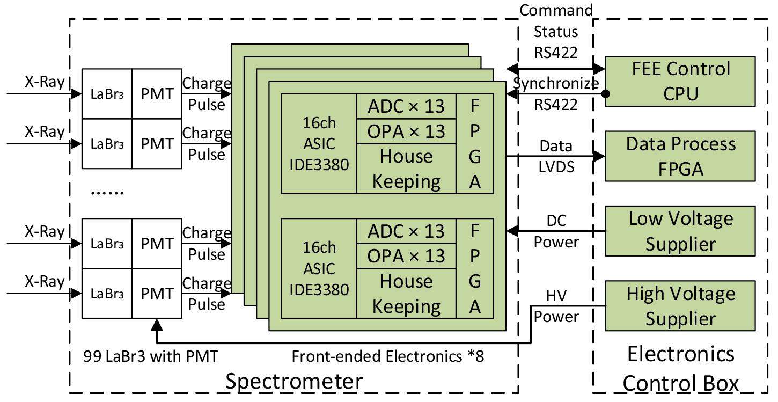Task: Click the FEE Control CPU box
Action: coord(680,82)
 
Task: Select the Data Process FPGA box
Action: coord(680,157)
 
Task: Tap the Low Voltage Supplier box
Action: coord(680,231)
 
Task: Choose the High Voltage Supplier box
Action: coord(680,306)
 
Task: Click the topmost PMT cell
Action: coord(157,94)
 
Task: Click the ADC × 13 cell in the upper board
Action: coord(406,106)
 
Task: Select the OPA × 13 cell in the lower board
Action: coord(406,256)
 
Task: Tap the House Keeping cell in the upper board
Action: coord(406,169)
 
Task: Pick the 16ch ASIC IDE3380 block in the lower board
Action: coord(319,268)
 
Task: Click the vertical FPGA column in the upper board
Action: coord(474,144)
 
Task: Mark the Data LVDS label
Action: coord(556,156)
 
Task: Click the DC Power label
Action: coord(556,231)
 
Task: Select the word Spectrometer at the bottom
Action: coord(293,382)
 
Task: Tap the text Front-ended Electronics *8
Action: coord(387,356)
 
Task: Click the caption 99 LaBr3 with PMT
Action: coord(150,355)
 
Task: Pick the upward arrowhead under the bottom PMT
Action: coord(157,324)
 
